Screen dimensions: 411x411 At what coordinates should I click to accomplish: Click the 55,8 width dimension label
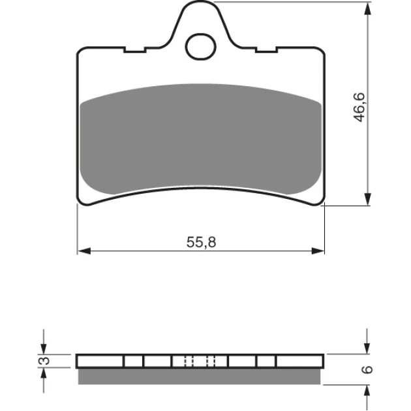coord(202,242)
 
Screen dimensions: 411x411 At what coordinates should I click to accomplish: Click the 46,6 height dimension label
coord(359,107)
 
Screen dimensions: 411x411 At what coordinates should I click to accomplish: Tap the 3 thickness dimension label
coord(44,361)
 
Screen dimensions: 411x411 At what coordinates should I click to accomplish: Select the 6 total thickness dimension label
coord(367,369)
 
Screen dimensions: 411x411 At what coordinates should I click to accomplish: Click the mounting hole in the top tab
coord(200,47)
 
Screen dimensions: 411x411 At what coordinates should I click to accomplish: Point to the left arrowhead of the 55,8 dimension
coord(84,251)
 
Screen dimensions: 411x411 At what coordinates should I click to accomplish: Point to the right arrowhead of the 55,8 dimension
coord(318,251)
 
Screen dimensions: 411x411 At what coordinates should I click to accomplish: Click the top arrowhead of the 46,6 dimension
coord(368,9)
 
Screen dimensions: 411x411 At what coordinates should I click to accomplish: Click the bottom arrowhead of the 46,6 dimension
coord(368,199)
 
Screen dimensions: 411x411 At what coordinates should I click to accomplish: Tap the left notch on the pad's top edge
coord(135,50)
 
